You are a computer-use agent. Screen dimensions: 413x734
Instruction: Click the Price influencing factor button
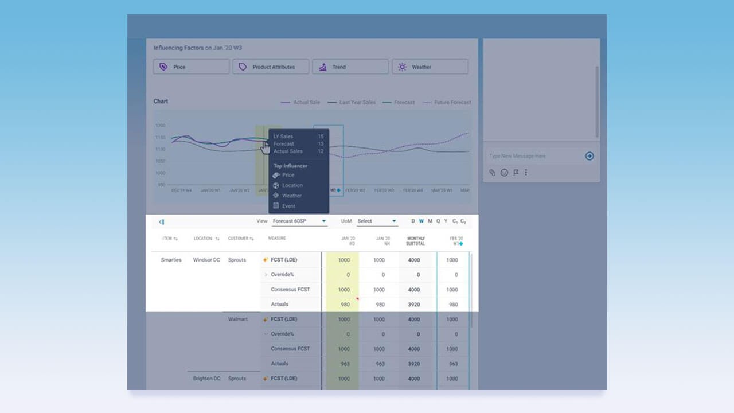pyautogui.click(x=191, y=67)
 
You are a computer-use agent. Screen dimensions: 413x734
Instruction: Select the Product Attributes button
pyautogui.click(x=271, y=67)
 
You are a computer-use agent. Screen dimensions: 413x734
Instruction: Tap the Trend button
pyautogui.click(x=350, y=67)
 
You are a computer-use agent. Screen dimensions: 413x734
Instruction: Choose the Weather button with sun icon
pyautogui.click(x=430, y=67)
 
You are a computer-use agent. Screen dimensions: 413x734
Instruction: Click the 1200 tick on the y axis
pyautogui.click(x=160, y=125)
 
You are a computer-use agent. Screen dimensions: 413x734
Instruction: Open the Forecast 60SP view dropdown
pyautogui.click(x=299, y=221)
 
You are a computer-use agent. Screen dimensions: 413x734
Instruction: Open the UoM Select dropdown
pyautogui.click(x=377, y=221)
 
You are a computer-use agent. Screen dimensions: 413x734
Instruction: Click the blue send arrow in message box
pyautogui.click(x=589, y=156)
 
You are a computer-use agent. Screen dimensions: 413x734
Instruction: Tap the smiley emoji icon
pyautogui.click(x=504, y=172)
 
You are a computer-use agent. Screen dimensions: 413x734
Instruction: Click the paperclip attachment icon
pyautogui.click(x=492, y=172)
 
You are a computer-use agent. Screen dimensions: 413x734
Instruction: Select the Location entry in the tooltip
pyautogui.click(x=292, y=185)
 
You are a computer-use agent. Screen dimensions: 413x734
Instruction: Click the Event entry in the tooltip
pyautogui.click(x=288, y=206)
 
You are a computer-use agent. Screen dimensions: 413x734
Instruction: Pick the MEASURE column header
pyautogui.click(x=277, y=239)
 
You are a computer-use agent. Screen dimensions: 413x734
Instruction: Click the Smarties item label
pyautogui.click(x=171, y=260)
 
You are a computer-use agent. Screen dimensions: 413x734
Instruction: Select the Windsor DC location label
pyautogui.click(x=206, y=260)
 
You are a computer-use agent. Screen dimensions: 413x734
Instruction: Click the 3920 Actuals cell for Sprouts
pyautogui.click(x=413, y=305)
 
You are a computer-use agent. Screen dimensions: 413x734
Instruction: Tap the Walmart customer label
pyautogui.click(x=238, y=319)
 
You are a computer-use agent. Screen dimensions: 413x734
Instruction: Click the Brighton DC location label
pyautogui.click(x=206, y=379)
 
